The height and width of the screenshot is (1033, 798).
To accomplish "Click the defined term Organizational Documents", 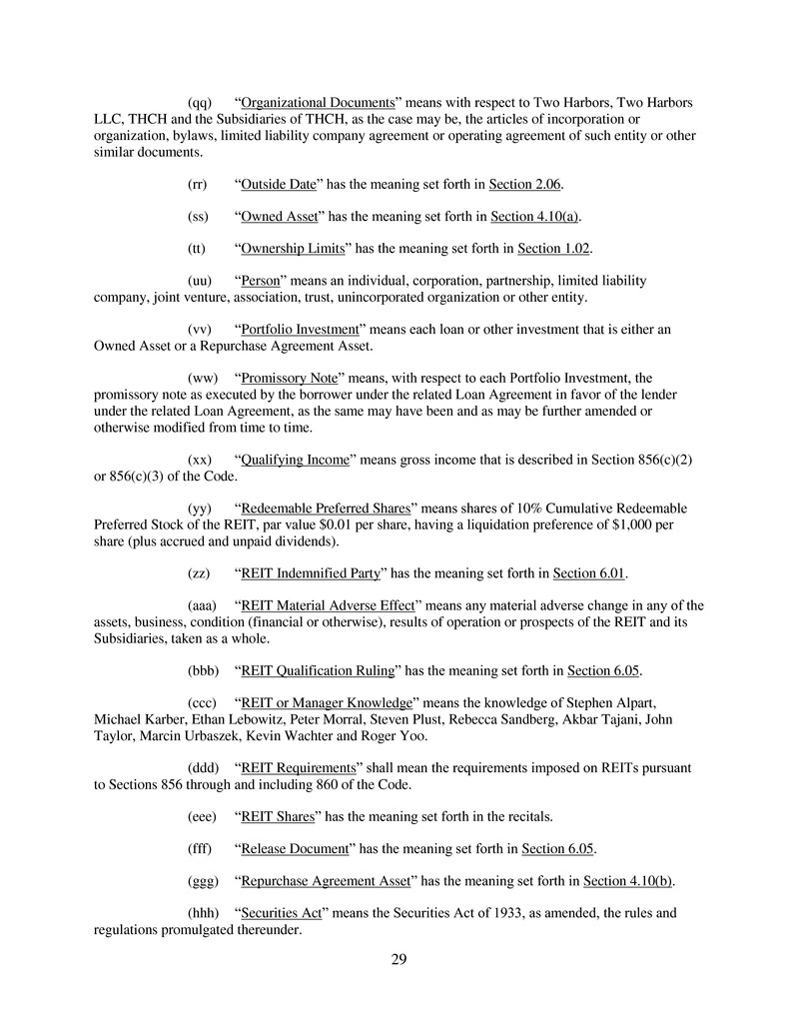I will coord(319,104).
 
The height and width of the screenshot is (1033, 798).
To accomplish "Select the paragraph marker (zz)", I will coord(200,573).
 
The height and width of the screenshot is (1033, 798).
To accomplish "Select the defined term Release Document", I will coord(296,849).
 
